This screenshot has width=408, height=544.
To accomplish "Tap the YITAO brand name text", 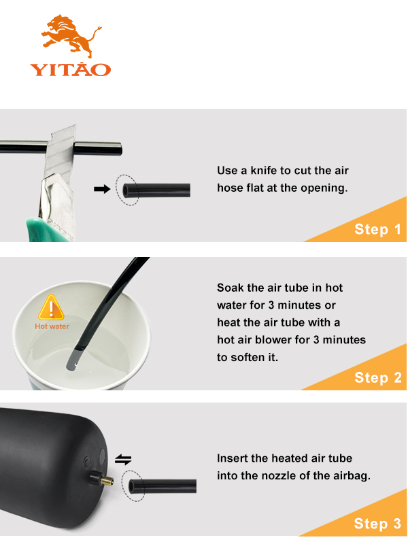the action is point(71,69).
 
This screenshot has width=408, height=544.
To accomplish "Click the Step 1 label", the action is point(378,229).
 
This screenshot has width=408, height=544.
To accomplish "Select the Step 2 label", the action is point(378,377).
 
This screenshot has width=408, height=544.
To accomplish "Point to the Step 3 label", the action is point(377,524).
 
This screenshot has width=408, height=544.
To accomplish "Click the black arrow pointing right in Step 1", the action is point(102,189).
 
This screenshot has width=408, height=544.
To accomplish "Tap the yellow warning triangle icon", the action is point(52,307).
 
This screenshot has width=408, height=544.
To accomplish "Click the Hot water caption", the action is point(52,326).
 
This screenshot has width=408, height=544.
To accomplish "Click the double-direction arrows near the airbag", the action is point(123,460).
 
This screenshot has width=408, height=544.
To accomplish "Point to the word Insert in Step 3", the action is point(232,458).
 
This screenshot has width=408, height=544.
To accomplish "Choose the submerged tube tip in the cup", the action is point(73,361).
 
